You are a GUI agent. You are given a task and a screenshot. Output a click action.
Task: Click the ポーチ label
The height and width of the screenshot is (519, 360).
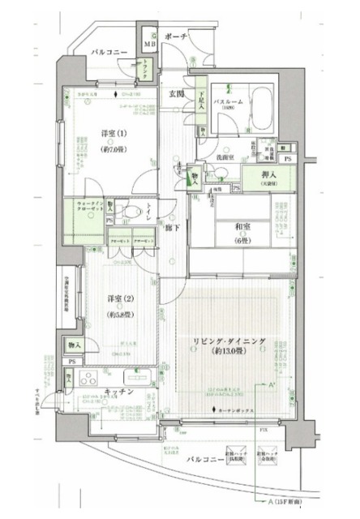point(174,37)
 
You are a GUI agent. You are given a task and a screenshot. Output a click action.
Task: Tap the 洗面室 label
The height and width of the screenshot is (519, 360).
point(225,156)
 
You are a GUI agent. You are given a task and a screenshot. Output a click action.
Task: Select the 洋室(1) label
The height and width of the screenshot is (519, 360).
point(114,134)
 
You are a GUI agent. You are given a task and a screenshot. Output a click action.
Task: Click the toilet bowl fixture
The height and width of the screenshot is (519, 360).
point(131,212)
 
